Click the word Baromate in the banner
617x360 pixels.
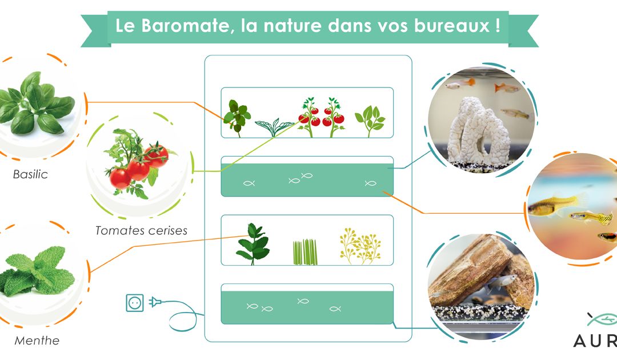[x=185, y=26]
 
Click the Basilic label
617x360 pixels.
[x=30, y=174]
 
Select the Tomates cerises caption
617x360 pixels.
[x=141, y=230]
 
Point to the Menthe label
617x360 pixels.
[x=37, y=341]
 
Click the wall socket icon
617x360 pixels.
[x=135, y=303]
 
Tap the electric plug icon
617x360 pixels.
[x=155, y=302]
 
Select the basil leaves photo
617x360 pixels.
[x=36, y=103]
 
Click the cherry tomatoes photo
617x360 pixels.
[x=138, y=165]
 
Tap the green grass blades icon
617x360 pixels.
[x=305, y=252]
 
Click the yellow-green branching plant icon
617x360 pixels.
[x=360, y=246]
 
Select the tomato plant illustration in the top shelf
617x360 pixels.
[x=322, y=117]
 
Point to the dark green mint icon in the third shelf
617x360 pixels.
[x=253, y=244]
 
